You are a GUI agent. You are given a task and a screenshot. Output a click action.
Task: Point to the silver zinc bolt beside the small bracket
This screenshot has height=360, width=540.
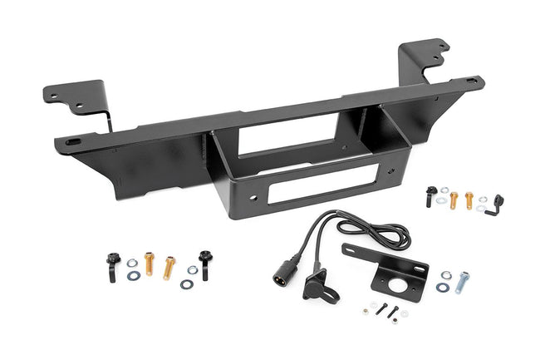coord(462,281)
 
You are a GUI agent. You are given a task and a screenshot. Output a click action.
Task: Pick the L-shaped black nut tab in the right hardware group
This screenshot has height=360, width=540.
coord(497,202)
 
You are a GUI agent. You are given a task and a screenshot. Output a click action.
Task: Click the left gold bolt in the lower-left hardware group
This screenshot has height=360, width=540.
coord(150,262)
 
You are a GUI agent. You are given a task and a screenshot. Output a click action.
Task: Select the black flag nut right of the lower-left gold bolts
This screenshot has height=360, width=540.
coord(204,263)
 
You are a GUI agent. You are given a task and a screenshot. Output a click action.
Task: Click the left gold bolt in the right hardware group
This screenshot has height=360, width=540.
coord(454,200)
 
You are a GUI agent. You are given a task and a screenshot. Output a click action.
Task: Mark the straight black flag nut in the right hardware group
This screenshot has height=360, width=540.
coord(430,196)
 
